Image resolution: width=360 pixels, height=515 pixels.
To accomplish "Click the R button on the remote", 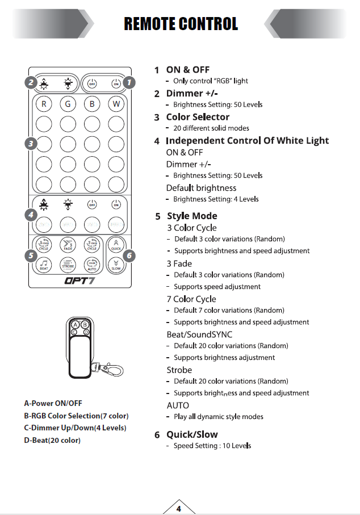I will point(44,104).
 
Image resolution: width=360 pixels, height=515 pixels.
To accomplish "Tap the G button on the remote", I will point(68,104).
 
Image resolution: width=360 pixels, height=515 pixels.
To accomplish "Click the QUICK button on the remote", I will point(116,245).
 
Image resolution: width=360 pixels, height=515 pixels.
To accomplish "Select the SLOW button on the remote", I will point(116,264).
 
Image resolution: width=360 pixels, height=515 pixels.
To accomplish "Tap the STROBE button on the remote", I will point(68,264).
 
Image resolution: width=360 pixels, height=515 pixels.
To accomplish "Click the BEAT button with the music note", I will point(44,264).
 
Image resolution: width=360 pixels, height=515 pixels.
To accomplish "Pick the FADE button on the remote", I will point(68,245).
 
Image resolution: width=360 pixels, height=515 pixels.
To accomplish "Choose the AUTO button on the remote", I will point(92,264).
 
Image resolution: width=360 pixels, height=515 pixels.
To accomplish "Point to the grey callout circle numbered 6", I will point(129,256).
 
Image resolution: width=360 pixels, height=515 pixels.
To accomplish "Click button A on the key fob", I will point(75,325).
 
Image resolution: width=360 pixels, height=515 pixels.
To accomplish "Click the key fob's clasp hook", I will point(115,370).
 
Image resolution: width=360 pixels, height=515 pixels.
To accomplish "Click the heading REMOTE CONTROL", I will point(181,24).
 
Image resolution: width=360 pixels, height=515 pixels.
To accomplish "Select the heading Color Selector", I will point(198,117).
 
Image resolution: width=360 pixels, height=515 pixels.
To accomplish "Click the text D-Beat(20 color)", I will point(52,440).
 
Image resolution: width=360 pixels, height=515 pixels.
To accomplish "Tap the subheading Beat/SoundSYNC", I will point(199,334).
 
